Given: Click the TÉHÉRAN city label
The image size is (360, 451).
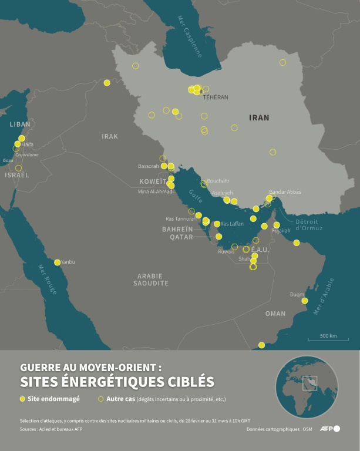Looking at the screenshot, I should [x=216, y=97].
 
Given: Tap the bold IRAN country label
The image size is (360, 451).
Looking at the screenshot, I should [x=259, y=117].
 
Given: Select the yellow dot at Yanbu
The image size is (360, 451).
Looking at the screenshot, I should [x=57, y=262].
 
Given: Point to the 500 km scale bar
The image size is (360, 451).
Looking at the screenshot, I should [x=328, y=340].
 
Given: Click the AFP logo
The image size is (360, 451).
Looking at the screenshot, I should [x=329, y=429].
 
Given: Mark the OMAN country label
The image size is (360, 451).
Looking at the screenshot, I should [x=275, y=314].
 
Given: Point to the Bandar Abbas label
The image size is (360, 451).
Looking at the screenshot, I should [x=285, y=192].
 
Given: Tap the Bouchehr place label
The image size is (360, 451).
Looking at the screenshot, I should [x=218, y=181].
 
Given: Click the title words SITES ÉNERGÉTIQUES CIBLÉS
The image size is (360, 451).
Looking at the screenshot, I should [x=117, y=382].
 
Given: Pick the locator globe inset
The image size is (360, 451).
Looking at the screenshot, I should [x=307, y=387].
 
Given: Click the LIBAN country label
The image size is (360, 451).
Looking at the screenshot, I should [x=20, y=124].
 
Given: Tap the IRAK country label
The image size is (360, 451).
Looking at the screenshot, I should [x=110, y=136].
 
